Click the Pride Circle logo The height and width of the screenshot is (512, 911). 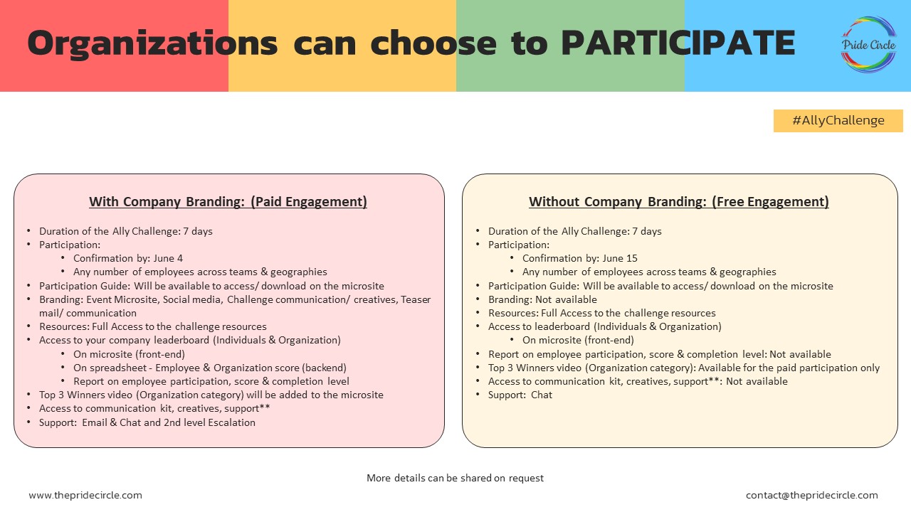coord(868,44)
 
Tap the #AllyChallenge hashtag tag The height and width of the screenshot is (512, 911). coord(838,120)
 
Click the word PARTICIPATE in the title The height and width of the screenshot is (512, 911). coord(678,44)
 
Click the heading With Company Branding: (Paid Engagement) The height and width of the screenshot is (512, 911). coord(228,202)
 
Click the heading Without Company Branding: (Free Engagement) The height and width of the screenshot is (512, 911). coord(678,202)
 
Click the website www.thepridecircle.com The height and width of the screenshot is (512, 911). coord(85,495)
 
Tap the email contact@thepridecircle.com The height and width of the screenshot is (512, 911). coord(811,495)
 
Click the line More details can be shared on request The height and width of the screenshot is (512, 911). coord(455,478)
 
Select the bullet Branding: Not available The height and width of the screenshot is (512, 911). coord(542,299)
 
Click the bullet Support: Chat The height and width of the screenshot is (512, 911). coord(520,395)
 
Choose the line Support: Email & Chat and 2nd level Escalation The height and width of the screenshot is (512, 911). coord(147,422)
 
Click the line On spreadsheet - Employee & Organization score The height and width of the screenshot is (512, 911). coord(210,368)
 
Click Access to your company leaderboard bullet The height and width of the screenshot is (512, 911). coord(190,340)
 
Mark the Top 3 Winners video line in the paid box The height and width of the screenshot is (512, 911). coord(211,395)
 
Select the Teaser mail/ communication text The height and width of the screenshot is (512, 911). coord(88,313)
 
